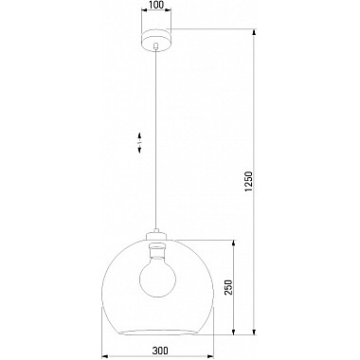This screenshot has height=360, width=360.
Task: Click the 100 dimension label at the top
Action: [156, 5]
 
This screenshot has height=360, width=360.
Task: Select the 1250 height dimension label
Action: [249, 182]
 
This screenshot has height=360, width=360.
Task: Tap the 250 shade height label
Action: [228, 287]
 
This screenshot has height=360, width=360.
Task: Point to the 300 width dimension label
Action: [160, 351]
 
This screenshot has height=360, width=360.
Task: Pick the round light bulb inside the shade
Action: [157, 277]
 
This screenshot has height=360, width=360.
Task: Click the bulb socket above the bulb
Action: [157, 249]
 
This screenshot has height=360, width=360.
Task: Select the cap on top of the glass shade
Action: [157, 235]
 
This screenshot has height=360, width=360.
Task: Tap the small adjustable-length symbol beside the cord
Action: [139, 143]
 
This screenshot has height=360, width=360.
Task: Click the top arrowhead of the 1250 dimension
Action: [254, 32]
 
